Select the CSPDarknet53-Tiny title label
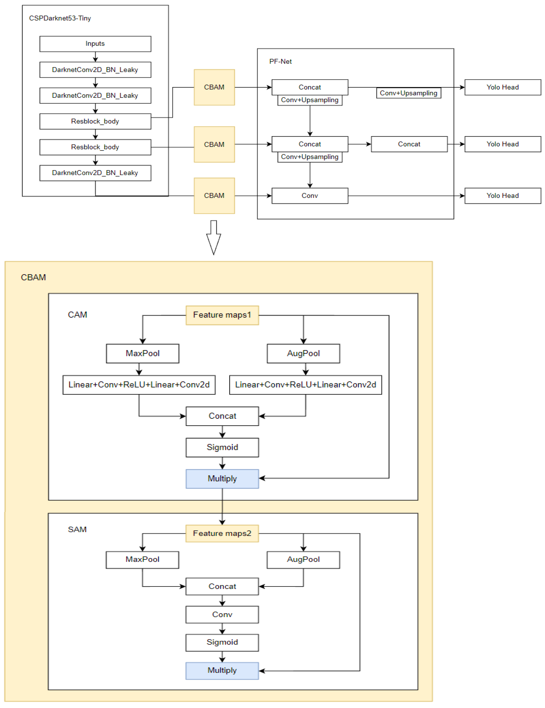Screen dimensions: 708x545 tap(60, 18)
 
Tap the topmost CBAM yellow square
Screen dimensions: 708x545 tap(214, 87)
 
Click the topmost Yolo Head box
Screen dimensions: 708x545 tap(502, 87)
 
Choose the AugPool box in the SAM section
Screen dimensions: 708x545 tap(303, 560)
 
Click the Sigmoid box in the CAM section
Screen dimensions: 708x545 tap(222, 447)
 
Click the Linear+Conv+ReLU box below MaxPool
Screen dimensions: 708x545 tap(139, 385)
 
